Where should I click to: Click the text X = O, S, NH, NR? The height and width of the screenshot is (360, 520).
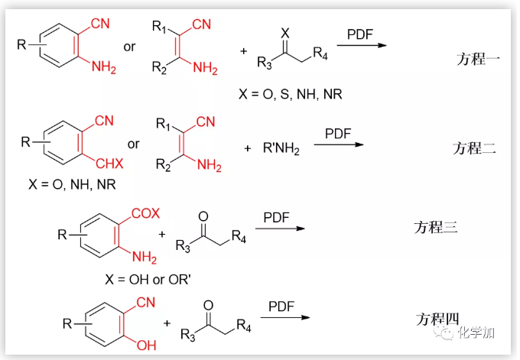[291, 94]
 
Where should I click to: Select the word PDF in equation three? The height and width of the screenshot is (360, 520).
[276, 218]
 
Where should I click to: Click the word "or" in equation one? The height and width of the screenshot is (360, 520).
[129, 47]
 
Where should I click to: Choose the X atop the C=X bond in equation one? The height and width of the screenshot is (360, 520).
[285, 33]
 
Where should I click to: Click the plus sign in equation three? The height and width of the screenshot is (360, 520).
[162, 232]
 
